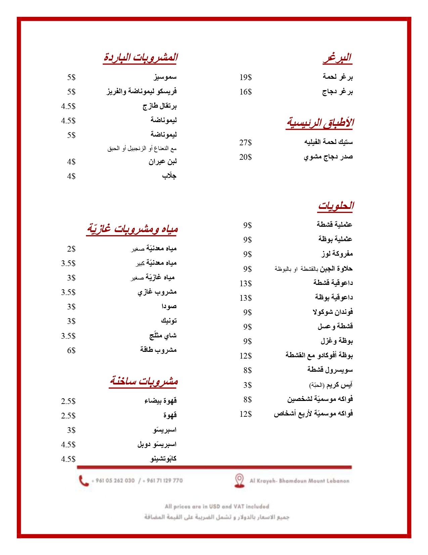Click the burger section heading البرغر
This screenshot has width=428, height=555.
337,58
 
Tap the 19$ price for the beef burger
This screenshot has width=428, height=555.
245,77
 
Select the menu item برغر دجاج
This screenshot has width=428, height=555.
337,91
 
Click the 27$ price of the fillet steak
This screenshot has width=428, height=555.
245,143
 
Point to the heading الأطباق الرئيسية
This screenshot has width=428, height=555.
320,123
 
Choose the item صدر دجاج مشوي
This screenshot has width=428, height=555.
328,157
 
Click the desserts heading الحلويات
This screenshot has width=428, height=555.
336,206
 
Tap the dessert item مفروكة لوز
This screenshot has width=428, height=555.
337,254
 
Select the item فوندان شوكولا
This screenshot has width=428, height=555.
333,312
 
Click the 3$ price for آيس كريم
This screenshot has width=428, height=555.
247,385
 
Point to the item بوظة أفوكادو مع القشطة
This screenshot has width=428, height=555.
319,355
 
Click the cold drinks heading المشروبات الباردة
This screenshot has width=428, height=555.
140,57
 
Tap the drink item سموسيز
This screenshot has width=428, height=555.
165,77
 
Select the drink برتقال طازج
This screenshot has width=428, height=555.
159,106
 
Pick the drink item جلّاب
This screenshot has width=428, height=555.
169,176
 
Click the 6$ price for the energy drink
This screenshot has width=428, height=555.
71,350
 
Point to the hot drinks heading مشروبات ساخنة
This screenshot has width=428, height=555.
143,381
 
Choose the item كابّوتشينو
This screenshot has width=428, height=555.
163,458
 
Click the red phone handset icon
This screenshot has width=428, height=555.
84,481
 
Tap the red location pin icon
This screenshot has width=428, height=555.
239,480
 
